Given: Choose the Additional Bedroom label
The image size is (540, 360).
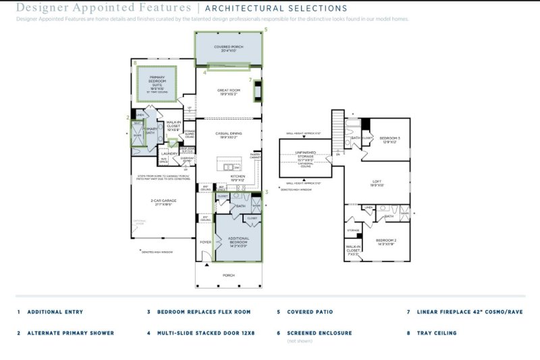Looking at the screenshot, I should tap(238, 240).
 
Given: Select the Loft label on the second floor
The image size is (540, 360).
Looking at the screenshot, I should tap(377, 183).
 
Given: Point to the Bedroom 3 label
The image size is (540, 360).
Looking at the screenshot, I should tap(390, 140).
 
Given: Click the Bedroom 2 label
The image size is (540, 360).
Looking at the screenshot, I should tap(385, 242).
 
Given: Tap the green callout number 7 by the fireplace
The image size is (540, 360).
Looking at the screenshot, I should tap(250, 80).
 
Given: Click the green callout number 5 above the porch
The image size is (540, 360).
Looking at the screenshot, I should tap(265, 30).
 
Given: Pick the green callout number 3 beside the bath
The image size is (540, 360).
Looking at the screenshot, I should tap(267, 192).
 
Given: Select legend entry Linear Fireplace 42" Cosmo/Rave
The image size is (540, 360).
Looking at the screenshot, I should tap(465, 312).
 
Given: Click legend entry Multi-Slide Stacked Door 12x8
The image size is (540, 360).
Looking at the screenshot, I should tap(205, 333).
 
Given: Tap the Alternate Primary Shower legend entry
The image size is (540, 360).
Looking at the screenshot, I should tap(70, 333).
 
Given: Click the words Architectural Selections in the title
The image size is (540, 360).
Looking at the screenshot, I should tap(275, 9).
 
